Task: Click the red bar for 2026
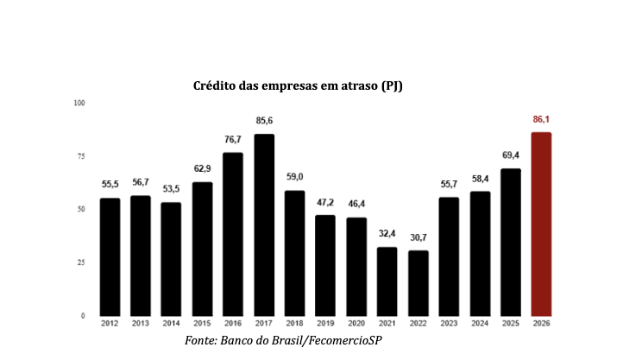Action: pyautogui.click(x=541, y=224)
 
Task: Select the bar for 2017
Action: pyautogui.click(x=264, y=225)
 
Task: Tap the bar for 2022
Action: pyautogui.click(x=418, y=283)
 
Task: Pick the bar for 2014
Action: pyautogui.click(x=171, y=259)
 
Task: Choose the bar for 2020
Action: pyautogui.click(x=356, y=267)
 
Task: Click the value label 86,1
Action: pyautogui.click(x=541, y=119)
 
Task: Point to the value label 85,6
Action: pyautogui.click(x=264, y=120)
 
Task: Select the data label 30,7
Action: pyautogui.click(x=418, y=237)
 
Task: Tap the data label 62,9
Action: pyautogui.click(x=202, y=168)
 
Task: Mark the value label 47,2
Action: pyautogui.click(x=325, y=203)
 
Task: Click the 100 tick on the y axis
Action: pyautogui.click(x=79, y=103)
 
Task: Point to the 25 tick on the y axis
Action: pyautogui.click(x=81, y=262)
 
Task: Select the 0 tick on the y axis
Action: pyautogui.click(x=83, y=316)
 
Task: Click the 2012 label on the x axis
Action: pyautogui.click(x=110, y=324)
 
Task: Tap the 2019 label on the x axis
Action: pyautogui.click(x=325, y=324)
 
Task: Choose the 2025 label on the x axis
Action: pyautogui.click(x=511, y=324)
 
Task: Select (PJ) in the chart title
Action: pyautogui.click(x=392, y=86)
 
